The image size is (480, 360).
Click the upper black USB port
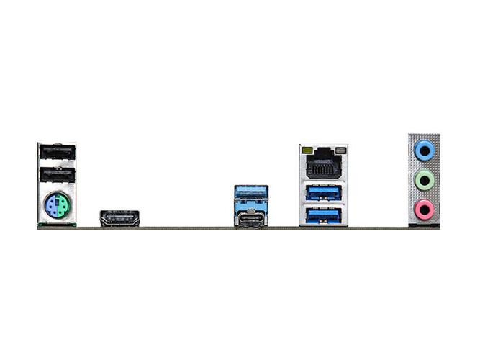(x=57, y=153)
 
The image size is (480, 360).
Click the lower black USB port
(x=57, y=175)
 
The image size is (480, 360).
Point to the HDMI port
(x=119, y=217)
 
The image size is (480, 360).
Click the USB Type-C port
(x=251, y=219)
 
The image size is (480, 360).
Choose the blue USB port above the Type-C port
(x=251, y=195)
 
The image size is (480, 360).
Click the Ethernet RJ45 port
(x=323, y=166)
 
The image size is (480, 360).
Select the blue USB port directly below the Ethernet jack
(x=323, y=192)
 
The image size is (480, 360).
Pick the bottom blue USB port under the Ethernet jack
(x=323, y=214)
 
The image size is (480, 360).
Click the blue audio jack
(x=425, y=150)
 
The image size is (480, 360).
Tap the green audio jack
(x=425, y=180)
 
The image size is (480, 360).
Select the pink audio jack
(x=425, y=210)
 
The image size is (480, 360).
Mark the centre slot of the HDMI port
(x=119, y=217)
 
